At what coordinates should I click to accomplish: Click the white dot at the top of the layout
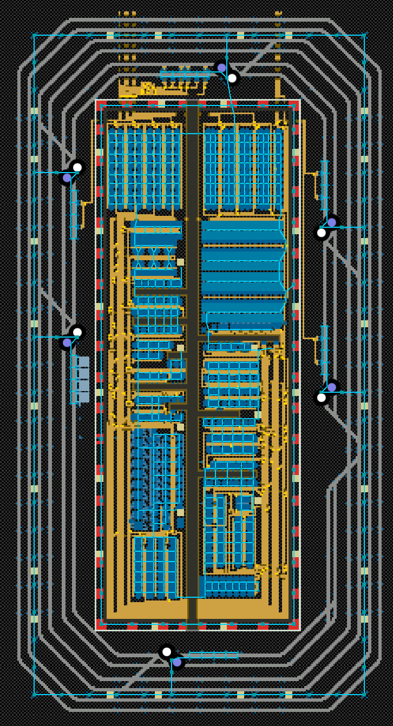(x=232, y=78)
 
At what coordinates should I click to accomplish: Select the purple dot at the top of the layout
(x=221, y=68)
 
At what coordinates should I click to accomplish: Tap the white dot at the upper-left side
(x=77, y=167)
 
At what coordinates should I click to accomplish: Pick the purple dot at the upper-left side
(x=67, y=177)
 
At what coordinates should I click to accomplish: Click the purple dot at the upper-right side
(x=332, y=222)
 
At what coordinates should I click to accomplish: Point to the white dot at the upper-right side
(x=322, y=233)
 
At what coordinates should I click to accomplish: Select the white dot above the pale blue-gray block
(x=77, y=332)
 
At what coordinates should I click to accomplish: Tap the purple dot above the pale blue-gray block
(x=67, y=342)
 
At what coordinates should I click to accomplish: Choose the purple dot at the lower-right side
(x=332, y=387)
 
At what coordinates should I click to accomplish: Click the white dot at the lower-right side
(x=322, y=398)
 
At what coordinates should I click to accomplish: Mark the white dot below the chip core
(x=167, y=652)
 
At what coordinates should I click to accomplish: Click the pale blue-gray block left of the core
(x=81, y=379)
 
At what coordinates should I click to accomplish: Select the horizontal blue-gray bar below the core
(x=213, y=655)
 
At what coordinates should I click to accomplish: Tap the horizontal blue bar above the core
(x=185, y=74)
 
